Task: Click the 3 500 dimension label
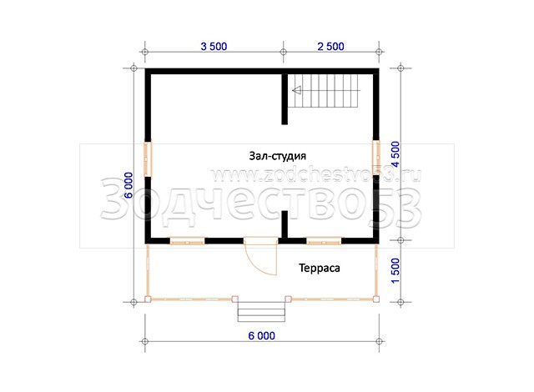point(214,46)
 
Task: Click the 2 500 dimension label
point(330,46)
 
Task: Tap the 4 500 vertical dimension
point(395,154)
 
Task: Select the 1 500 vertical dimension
point(395,270)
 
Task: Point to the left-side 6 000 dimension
point(128,185)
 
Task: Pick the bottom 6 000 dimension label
point(261,336)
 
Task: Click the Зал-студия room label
point(278,156)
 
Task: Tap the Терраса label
point(320,268)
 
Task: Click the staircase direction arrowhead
point(297,91)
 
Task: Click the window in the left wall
point(149,159)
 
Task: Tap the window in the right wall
point(375,157)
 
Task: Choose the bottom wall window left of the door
point(187,241)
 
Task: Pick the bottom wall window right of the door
point(324,241)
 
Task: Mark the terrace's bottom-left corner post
point(148,299)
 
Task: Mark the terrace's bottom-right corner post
point(376,299)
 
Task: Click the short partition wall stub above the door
point(285,224)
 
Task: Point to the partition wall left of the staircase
point(285,99)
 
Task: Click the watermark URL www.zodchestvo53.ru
point(317,175)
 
